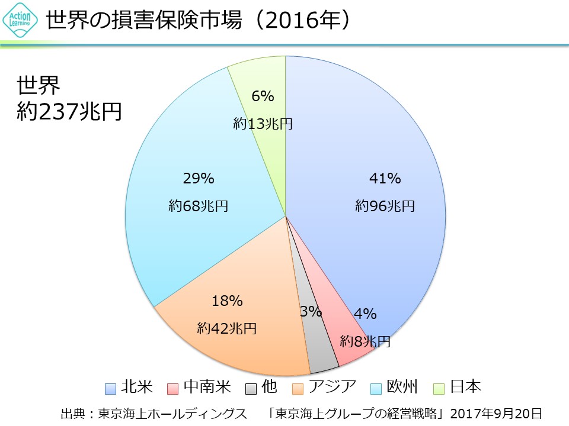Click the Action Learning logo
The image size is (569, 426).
coord(20,21)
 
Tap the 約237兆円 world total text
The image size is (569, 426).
coord(69,111)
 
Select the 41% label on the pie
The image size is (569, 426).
coord(385,178)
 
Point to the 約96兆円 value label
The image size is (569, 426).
coord(385,206)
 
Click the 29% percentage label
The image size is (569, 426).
coord(198,178)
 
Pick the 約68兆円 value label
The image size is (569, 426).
coord(198,206)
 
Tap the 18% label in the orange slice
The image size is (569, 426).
coord(227,301)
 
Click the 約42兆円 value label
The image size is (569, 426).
coord(227,328)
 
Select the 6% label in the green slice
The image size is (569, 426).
coord(263,96)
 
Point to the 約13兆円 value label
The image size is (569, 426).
coord(263,124)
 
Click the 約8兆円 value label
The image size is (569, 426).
coord(365,341)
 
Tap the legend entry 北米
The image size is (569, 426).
coord(130,388)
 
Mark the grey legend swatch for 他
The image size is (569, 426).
coord(251,388)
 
